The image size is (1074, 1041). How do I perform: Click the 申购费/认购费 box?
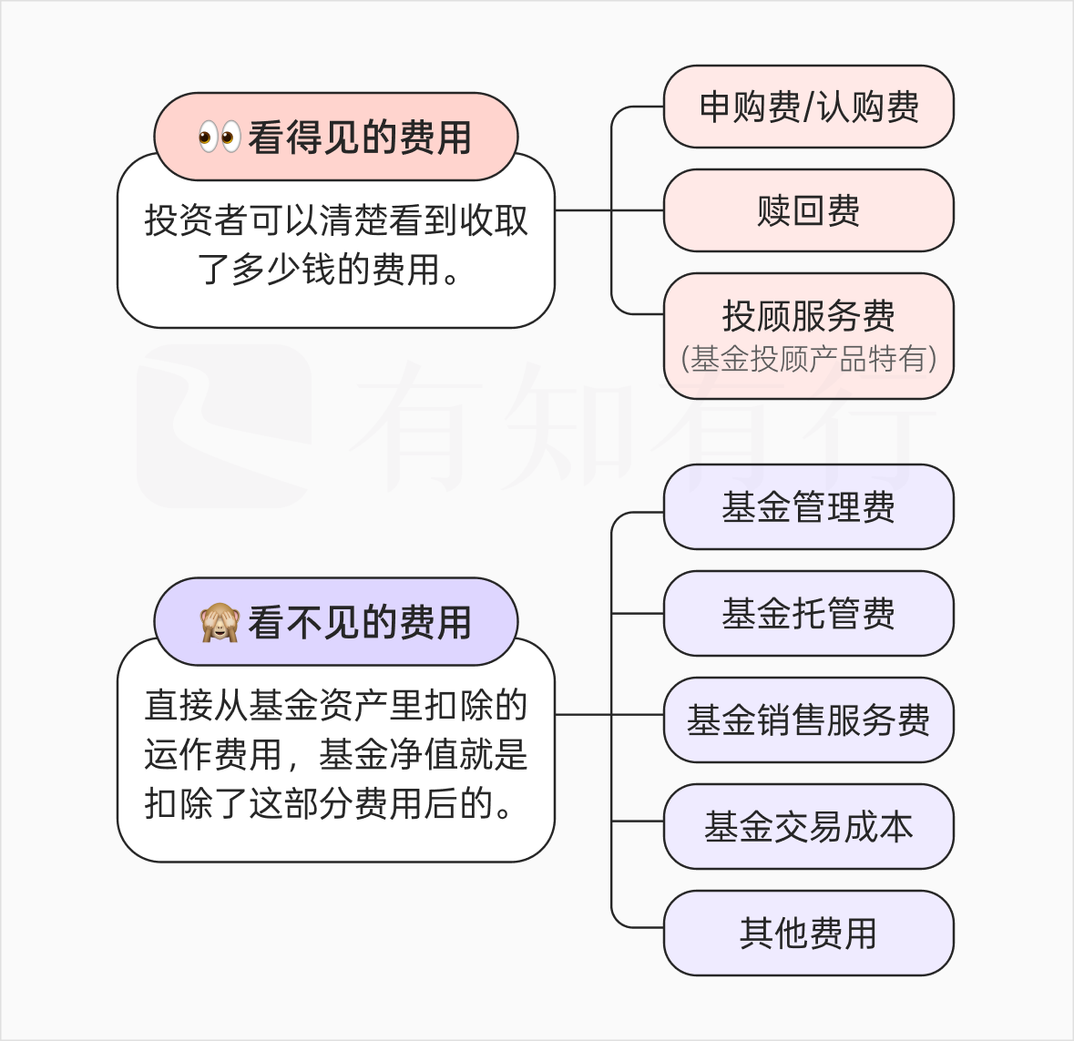pos(808,107)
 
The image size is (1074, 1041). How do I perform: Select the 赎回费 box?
pos(808,210)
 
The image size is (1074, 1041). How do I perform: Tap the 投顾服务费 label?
pos(808,316)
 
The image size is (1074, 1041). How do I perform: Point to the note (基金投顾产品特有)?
pos(808,359)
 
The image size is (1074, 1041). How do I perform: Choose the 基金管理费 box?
pos(808,507)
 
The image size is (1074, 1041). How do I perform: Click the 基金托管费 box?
pos(808,614)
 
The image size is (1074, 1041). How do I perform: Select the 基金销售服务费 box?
pos(808,720)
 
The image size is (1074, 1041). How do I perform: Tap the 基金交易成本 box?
pos(808,827)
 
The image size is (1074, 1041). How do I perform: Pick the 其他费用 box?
pos(808,934)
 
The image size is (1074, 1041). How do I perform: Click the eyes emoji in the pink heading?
pos(220,138)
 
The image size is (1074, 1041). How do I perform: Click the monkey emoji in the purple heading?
pos(220,623)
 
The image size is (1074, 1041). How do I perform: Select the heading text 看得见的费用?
pos(359,138)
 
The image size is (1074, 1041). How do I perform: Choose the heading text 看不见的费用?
pos(359,623)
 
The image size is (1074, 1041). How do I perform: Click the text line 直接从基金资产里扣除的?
pos(336,706)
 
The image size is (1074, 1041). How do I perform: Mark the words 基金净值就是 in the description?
pos(423,755)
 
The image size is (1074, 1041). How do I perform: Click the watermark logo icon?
pos(224,425)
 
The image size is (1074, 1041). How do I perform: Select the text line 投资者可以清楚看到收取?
pos(336,220)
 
